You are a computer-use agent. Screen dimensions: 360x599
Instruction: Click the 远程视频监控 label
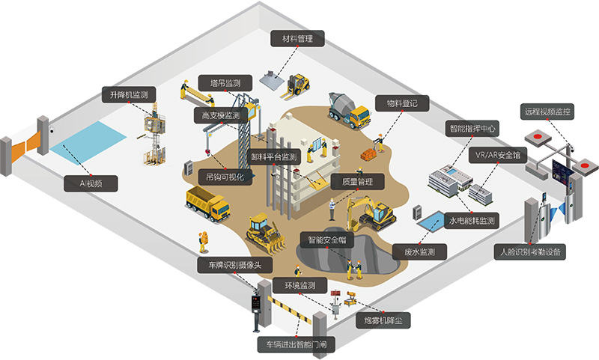pos(547,112)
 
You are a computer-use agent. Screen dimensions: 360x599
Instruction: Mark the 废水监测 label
pos(419,251)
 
